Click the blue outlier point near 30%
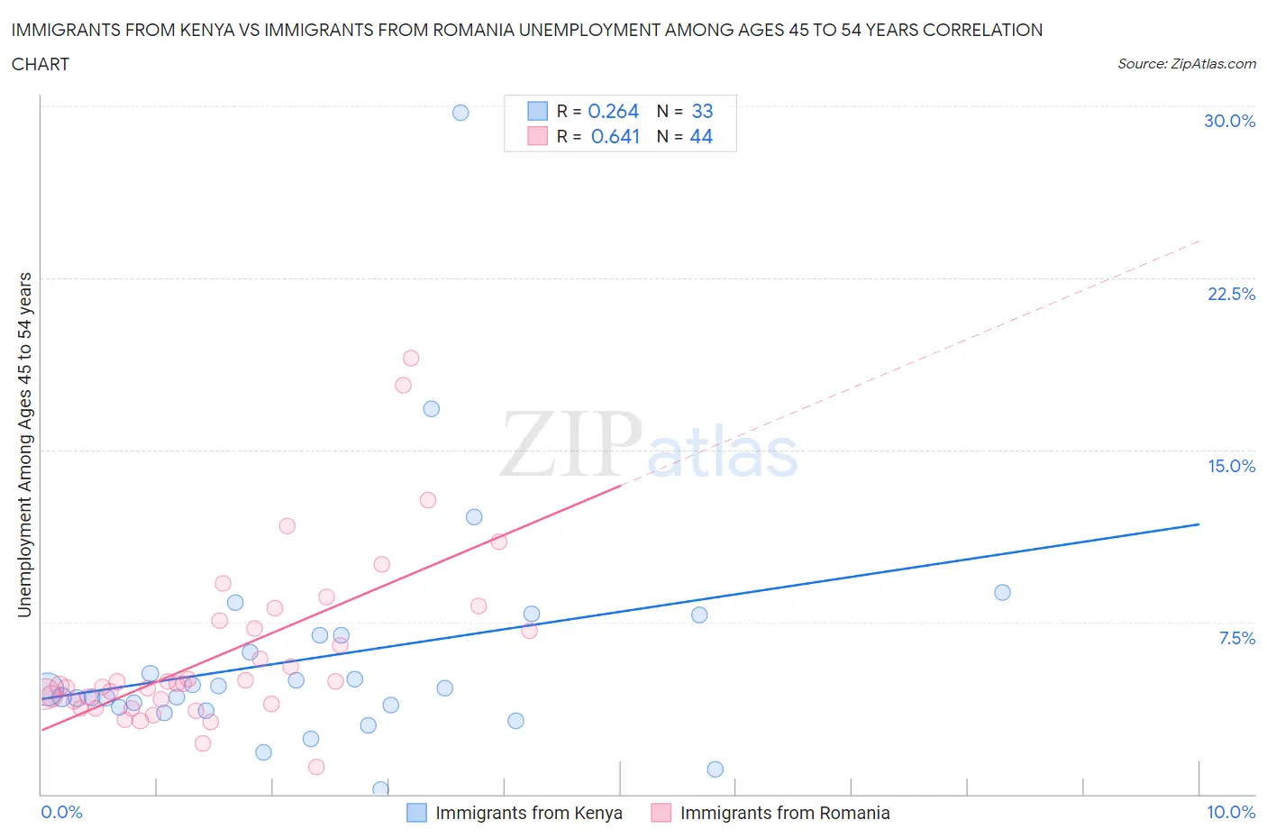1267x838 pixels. coord(460,113)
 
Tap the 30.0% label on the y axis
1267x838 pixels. coord(1229,121)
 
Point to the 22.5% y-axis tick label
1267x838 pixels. coord(1231,294)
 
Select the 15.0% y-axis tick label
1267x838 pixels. coord(1231,466)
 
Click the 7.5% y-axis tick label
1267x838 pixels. coord(1236,638)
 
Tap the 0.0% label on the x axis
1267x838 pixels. coord(61,812)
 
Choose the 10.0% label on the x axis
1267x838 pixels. coord(1231,812)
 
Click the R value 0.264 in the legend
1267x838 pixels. coord(613,111)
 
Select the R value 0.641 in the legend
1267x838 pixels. coord(615,136)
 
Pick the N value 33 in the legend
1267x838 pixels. coord(702,111)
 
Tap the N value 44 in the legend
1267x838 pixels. coord(701,136)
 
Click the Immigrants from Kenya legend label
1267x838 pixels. coord(529,813)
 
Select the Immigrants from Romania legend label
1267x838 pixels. coord(785,813)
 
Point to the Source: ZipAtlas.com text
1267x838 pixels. coord(1186,64)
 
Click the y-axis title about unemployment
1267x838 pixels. coord(25,444)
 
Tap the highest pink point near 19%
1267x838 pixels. coord(411,358)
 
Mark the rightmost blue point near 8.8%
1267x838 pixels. coord(1002,592)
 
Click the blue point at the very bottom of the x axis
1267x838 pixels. coord(380,789)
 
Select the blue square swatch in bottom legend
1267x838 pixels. coord(416,813)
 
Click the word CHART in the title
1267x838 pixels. coord(41,64)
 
